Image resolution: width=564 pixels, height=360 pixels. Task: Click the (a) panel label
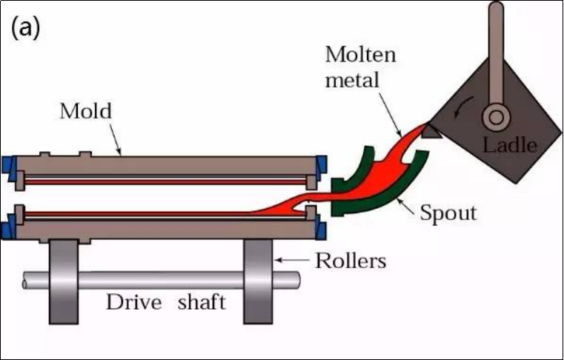[25, 28]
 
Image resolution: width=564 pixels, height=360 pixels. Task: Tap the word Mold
[86, 111]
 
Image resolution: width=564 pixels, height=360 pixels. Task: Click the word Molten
[360, 55]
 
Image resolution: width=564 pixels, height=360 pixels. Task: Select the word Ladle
[510, 145]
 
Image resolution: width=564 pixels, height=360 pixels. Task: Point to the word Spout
[448, 213]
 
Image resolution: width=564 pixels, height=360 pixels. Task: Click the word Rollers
[351, 261]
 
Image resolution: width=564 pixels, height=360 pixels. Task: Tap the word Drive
[134, 302]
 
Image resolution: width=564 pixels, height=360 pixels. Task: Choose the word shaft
[202, 301]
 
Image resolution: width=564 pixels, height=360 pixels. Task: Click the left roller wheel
[64, 281]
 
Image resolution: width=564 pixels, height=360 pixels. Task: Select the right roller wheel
[258, 281]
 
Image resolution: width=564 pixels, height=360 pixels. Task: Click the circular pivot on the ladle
[497, 117]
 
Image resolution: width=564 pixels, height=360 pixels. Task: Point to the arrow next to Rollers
[292, 260]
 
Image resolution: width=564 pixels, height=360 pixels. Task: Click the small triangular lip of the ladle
[431, 132]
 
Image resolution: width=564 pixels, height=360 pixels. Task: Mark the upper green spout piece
[354, 169]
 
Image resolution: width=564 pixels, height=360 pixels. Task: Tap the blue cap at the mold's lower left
[7, 227]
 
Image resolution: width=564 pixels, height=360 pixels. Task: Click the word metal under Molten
[352, 80]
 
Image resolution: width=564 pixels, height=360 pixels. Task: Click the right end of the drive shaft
[298, 280]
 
